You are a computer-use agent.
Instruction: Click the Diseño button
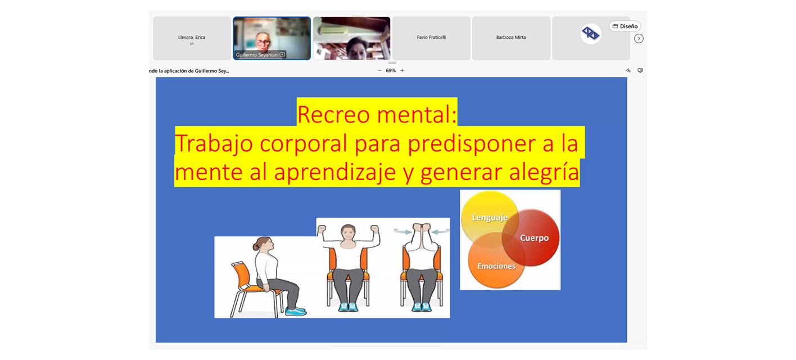tap(625, 26)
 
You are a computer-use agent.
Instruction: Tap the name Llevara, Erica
tap(192, 37)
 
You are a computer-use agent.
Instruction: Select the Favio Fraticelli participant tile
tap(431, 38)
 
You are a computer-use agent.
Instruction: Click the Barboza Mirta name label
tap(511, 37)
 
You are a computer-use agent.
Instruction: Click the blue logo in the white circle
tap(591, 34)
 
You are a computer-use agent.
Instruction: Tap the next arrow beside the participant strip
tap(639, 38)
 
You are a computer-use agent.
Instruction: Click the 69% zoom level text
tap(391, 70)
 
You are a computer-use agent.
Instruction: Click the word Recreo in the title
tap(333, 115)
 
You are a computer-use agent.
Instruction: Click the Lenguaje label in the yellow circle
tap(490, 217)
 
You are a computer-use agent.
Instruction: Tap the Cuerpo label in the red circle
tap(535, 237)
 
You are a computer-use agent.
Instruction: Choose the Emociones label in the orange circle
tap(496, 266)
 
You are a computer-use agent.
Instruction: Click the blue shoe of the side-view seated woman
tap(295, 311)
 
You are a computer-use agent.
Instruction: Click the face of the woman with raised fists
tap(349, 233)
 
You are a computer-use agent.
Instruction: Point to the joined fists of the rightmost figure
tap(422, 227)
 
